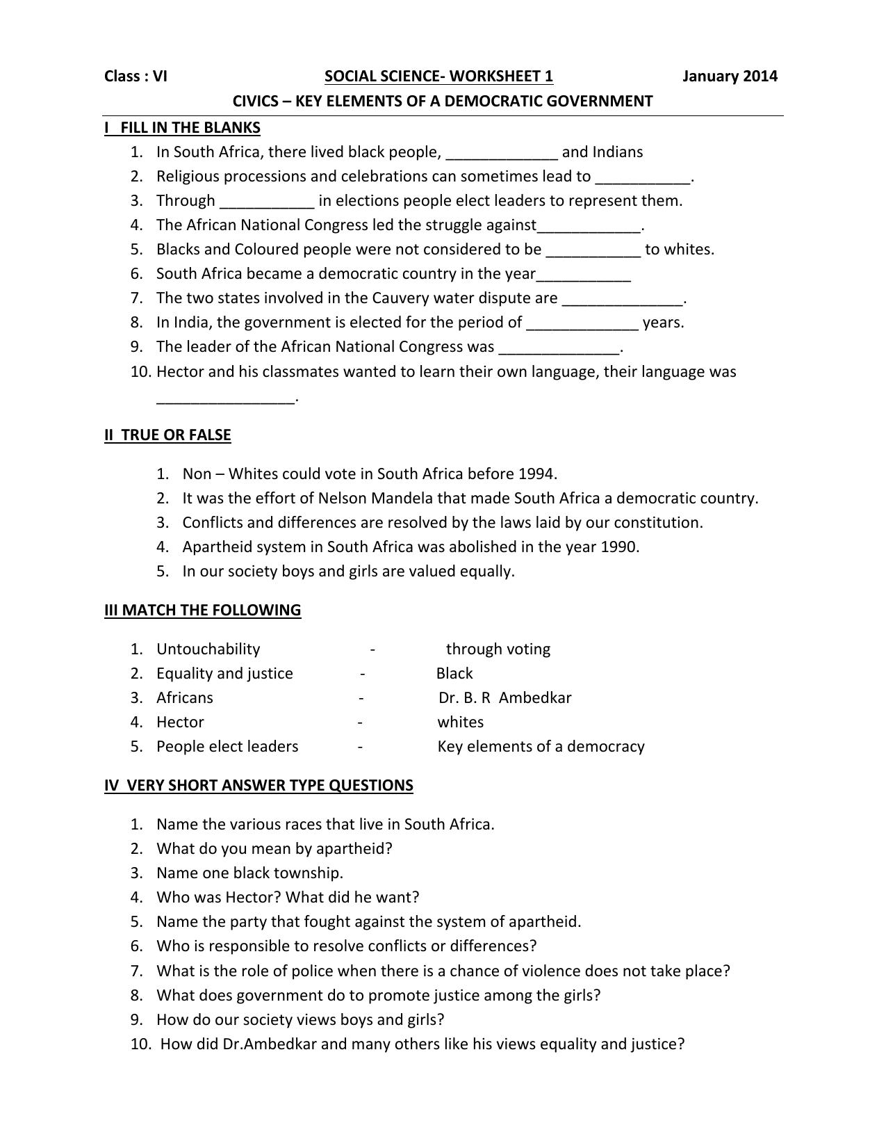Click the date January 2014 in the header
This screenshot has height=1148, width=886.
730,76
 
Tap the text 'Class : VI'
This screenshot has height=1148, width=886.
136,76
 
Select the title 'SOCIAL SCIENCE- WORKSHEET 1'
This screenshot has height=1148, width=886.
438,76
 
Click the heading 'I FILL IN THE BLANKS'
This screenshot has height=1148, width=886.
182,127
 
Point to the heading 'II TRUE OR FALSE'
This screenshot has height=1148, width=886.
167,435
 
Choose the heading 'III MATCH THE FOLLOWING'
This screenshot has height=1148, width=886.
202,610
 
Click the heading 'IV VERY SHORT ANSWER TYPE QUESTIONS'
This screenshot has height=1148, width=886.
259,785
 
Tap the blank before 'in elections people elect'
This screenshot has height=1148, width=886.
268,203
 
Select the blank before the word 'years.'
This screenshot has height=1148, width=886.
582,325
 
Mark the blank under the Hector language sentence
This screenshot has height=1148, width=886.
226,399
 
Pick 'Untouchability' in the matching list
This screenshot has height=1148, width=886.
208,649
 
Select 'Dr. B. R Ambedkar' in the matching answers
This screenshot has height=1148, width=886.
505,697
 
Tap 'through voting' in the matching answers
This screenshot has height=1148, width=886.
498,649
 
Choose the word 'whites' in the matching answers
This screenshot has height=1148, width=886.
460,722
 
